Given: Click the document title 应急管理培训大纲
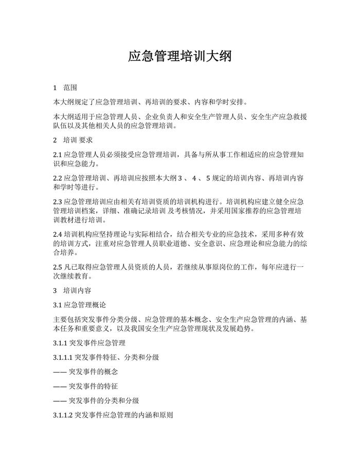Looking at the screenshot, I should (179, 56).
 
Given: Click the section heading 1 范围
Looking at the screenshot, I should (65, 87).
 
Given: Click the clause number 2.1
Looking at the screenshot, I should (58, 155).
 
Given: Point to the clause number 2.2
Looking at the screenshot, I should (58, 178).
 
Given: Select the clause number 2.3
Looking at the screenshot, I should (58, 202).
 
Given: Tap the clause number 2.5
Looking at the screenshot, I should (58, 267).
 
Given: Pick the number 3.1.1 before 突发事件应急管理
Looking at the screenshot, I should (60, 343).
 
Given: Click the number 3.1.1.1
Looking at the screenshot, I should (63, 357).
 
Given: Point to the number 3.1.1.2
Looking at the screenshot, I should (63, 414).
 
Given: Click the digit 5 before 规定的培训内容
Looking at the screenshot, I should (208, 178).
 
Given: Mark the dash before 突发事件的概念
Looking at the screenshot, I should (60, 371).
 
